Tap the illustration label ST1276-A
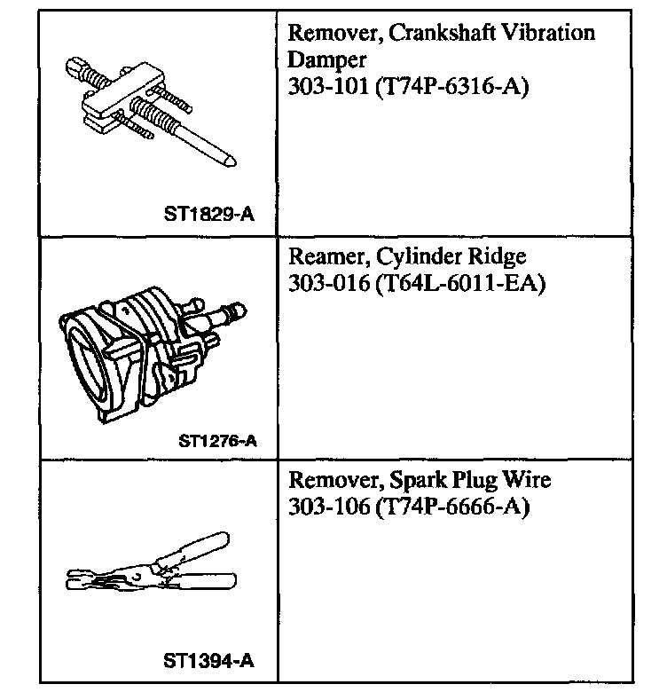pos(218,438)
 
